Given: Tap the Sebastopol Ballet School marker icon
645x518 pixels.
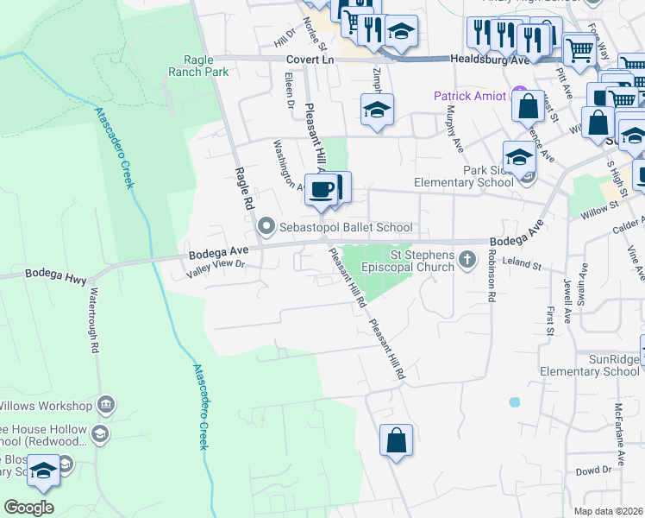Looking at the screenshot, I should tap(266, 227).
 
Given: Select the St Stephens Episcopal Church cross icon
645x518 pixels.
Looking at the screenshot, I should tap(467, 260).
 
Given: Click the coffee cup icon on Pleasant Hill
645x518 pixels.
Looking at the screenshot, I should tap(322, 188).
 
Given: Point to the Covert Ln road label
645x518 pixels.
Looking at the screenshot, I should tap(310, 60).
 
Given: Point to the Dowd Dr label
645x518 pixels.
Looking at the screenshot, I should tap(593, 471).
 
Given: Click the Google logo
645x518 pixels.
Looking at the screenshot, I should tap(28, 507).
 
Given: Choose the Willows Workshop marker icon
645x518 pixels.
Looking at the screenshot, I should tap(106, 404).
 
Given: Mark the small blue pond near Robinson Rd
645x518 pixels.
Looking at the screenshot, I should tap(515, 401).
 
